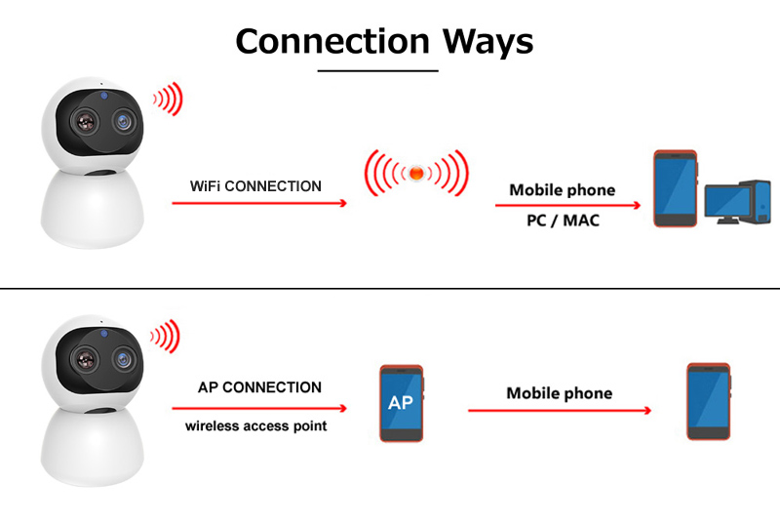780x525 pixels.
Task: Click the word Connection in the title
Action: [x=331, y=41]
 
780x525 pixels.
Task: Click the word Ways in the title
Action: [x=488, y=41]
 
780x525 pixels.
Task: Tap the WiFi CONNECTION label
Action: [x=255, y=185]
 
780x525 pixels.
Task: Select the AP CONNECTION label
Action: [x=259, y=387]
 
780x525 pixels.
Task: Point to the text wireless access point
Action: [x=256, y=426]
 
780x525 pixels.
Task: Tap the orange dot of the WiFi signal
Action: [x=415, y=174]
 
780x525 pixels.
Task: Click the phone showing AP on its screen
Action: [x=402, y=403]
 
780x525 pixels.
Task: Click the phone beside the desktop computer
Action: [x=675, y=189]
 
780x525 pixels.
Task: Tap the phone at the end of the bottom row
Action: [x=709, y=401]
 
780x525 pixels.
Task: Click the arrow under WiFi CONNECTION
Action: [x=258, y=203]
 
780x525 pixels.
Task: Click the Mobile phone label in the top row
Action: [x=563, y=190]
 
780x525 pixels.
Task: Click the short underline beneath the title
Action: [x=378, y=70]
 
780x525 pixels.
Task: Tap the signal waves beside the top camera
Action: [x=168, y=100]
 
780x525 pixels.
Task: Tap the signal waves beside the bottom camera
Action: [x=166, y=337]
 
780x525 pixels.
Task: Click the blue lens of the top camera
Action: [x=123, y=120]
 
